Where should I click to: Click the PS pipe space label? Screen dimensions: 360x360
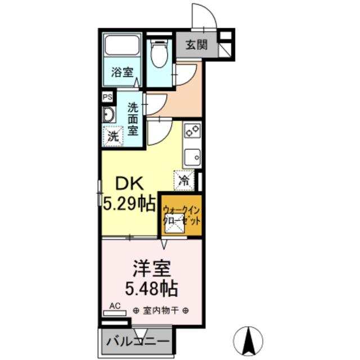pyautogui.click(x=107, y=97)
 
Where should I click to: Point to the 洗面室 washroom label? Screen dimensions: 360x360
pyautogui.click(x=133, y=118)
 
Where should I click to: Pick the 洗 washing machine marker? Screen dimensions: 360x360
pyautogui.click(x=113, y=135)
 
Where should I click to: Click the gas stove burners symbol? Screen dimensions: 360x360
pyautogui.click(x=191, y=131)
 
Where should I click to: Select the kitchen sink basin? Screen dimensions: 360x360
pyautogui.click(x=192, y=155)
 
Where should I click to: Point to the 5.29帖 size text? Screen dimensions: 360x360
pyautogui.click(x=129, y=202)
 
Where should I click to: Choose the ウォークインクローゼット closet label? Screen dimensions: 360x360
pyautogui.click(x=181, y=215)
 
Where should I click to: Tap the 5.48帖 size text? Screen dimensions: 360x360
pyautogui.click(x=151, y=289)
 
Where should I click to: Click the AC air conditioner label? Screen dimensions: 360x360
pyautogui.click(x=115, y=306)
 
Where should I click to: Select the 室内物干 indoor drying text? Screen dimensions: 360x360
pyautogui.click(x=161, y=310)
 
